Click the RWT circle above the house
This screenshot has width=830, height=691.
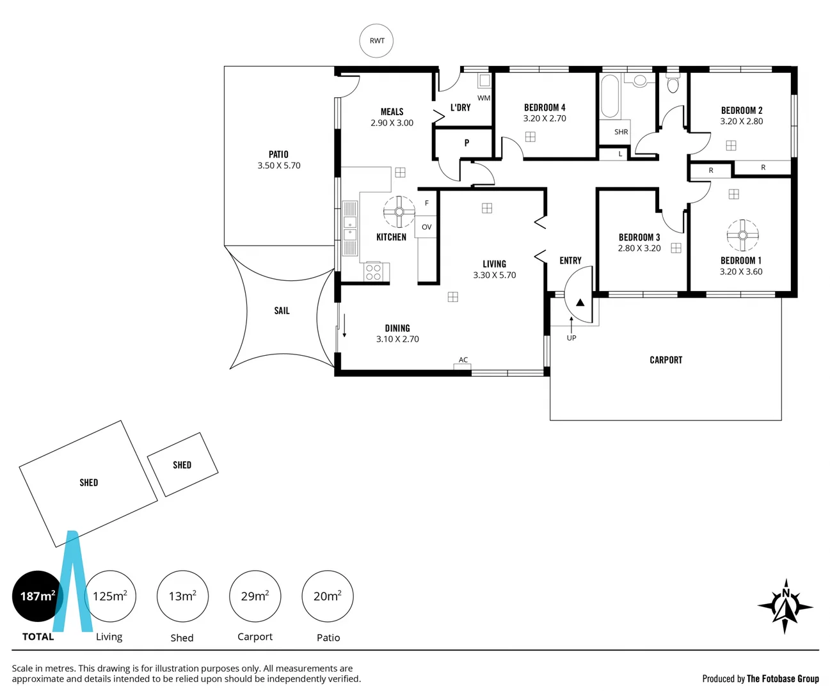click(x=376, y=41)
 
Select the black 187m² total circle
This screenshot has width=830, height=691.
click(x=37, y=596)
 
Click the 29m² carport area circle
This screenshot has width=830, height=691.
click(x=255, y=596)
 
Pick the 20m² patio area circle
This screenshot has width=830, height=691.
click(x=327, y=596)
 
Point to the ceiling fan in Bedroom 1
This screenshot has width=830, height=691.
click(x=742, y=235)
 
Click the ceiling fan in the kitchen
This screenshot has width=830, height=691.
click(x=399, y=212)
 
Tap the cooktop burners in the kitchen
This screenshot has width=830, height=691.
click(x=373, y=273)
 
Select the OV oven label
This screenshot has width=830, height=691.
click(x=427, y=227)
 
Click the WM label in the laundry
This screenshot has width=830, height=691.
click(x=484, y=98)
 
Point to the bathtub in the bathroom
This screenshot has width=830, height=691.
click(x=610, y=97)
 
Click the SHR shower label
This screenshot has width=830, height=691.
click(x=621, y=132)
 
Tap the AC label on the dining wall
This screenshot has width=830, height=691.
click(x=463, y=360)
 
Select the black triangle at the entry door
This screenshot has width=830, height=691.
click(x=580, y=303)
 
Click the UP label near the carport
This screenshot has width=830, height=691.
click(x=571, y=338)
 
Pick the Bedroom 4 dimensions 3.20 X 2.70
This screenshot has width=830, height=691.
click(x=545, y=118)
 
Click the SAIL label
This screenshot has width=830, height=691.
click(x=282, y=311)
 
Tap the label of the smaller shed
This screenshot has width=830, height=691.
click(x=182, y=465)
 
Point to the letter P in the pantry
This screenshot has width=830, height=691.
click(x=467, y=143)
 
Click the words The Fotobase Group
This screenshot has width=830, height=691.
click(x=783, y=679)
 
